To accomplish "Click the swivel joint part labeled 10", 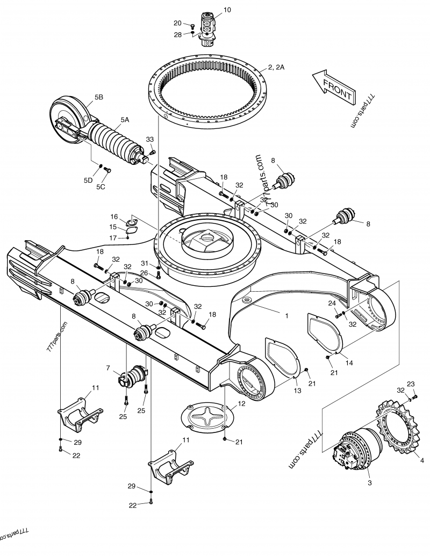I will (207, 30).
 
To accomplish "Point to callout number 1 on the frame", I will (286, 316).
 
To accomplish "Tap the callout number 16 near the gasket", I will (114, 216).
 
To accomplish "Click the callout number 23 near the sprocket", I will (411, 384).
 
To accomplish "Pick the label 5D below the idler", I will (88, 180).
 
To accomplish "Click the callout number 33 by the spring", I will (150, 140).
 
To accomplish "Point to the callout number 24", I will (332, 303).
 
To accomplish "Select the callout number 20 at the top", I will (177, 23).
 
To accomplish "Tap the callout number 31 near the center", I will (145, 263).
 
